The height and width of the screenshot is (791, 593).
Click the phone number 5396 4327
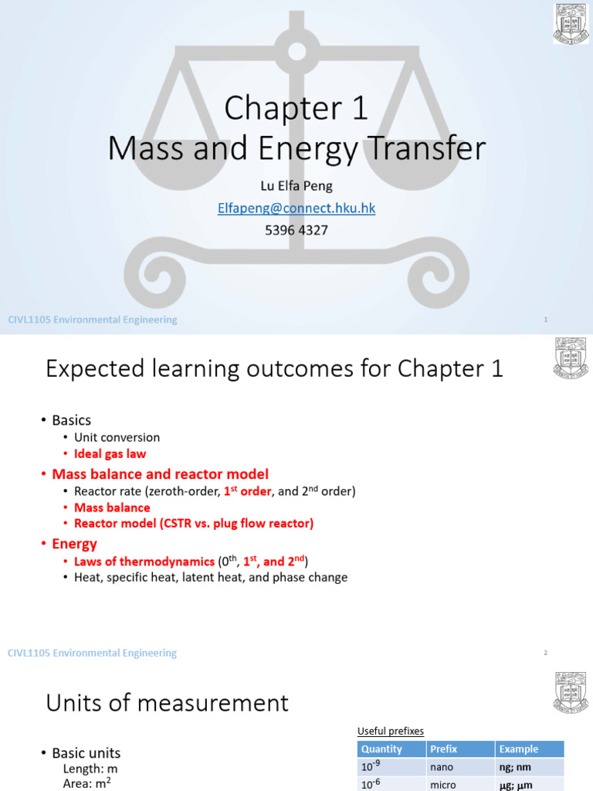tap(297, 230)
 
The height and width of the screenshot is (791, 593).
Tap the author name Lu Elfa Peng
tap(297, 187)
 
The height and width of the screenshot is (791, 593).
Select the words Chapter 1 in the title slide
tap(296, 110)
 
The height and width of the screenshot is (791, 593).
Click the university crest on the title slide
tap(571, 24)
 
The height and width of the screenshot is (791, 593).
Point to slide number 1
tap(546, 320)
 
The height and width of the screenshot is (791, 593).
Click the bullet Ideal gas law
tap(110, 454)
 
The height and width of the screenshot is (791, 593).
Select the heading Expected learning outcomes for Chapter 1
tap(274, 369)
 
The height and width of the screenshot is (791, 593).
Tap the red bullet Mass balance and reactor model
tap(160, 474)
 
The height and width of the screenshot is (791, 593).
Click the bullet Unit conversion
tap(117, 437)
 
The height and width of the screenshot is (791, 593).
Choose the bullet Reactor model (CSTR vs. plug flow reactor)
tap(194, 524)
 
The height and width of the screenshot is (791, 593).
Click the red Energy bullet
tap(74, 544)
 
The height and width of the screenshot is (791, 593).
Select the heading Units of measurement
tap(167, 703)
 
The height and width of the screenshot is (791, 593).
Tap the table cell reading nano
tap(443, 767)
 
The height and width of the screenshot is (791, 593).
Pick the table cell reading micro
tap(444, 784)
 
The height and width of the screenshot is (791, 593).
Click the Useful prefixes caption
tap(390, 731)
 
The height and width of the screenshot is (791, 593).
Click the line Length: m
tap(90, 769)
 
